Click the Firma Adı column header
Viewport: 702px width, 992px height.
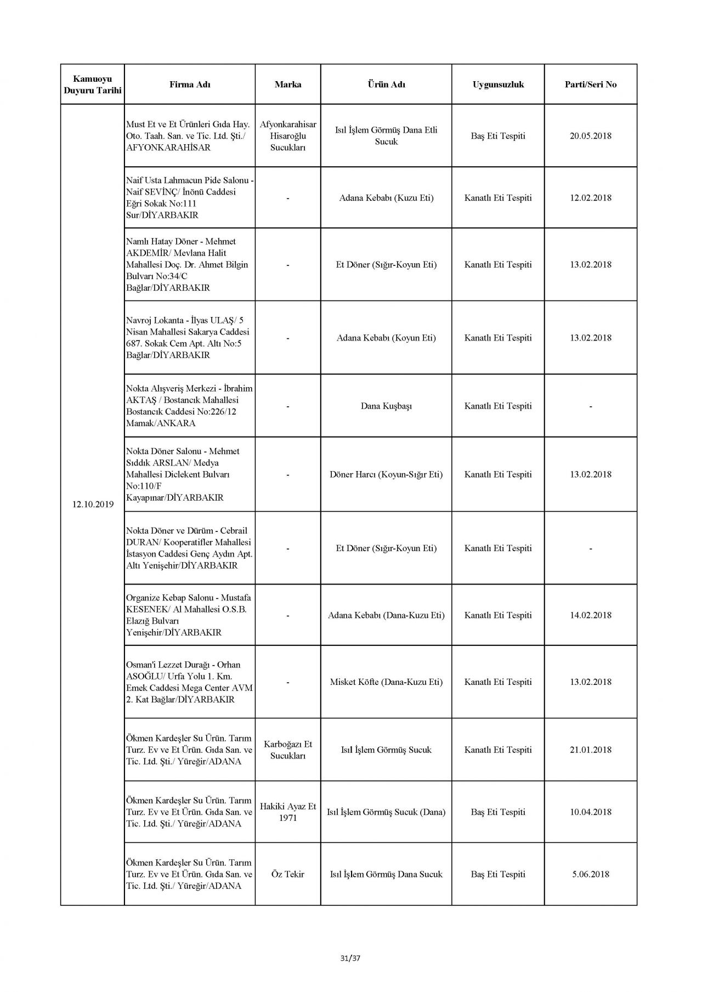tap(190, 84)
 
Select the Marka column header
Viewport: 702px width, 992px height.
tap(288, 84)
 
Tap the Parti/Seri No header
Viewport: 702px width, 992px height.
tap(591, 84)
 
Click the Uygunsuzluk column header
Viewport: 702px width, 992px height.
tap(498, 84)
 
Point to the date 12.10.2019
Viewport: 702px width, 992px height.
tap(93, 504)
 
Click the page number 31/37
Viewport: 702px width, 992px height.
tap(350, 959)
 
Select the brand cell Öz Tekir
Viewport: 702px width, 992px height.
tap(288, 874)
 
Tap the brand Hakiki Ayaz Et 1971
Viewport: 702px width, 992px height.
tap(288, 812)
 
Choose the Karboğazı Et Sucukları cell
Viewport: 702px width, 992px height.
tap(288, 750)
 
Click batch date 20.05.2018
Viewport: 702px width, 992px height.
tap(591, 136)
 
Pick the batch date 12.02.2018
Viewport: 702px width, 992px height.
tap(591, 198)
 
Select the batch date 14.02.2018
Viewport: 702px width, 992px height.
tap(591, 615)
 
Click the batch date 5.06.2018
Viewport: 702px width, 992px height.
tap(591, 874)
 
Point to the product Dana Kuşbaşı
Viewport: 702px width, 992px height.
tap(386, 406)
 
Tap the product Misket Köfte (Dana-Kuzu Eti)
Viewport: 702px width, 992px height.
tap(386, 682)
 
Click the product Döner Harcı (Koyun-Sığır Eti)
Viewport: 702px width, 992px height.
tap(386, 474)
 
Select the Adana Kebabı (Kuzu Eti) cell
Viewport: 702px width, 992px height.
tap(386, 198)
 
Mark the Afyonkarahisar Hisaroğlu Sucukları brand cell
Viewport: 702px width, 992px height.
tap(288, 136)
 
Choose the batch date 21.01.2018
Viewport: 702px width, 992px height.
tap(591, 750)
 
